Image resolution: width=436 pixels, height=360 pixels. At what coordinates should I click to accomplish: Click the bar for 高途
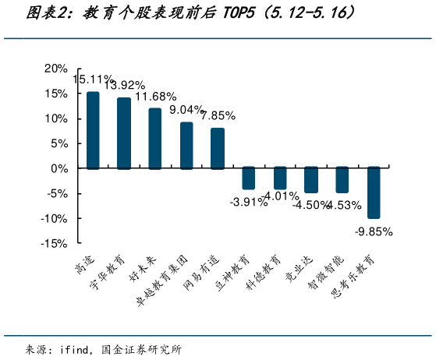(x=93, y=130)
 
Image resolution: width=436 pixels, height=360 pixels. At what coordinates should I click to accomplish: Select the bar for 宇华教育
(x=124, y=133)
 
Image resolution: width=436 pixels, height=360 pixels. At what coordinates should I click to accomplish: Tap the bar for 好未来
(x=155, y=139)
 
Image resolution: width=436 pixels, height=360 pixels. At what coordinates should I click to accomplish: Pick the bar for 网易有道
(x=218, y=148)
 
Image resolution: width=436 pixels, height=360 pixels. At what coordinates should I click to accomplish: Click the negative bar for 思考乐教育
(x=374, y=192)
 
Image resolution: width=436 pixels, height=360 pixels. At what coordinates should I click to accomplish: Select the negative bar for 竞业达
(x=311, y=179)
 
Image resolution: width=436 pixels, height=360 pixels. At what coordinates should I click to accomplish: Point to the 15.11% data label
(x=94, y=79)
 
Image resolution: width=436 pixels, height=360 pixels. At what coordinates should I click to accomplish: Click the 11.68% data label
(x=157, y=97)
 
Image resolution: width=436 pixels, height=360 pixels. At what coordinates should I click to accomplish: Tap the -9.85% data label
(x=374, y=231)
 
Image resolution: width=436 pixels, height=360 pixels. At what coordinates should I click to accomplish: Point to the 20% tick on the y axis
(x=55, y=69)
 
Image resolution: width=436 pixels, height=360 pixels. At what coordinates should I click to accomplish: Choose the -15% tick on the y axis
(x=54, y=243)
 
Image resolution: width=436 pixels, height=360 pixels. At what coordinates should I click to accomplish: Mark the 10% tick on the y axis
(x=55, y=118)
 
